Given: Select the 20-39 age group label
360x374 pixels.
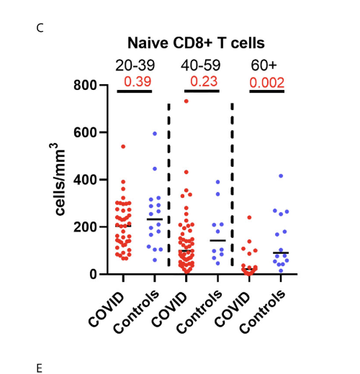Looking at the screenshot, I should pyautogui.click(x=135, y=65).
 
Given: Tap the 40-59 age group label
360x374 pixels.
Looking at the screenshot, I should pyautogui.click(x=201, y=65).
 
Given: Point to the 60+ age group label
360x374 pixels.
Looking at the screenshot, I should pyautogui.click(x=264, y=65).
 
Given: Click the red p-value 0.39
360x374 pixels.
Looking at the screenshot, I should pyautogui.click(x=135, y=81).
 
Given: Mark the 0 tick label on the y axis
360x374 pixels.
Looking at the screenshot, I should pyautogui.click(x=94, y=274).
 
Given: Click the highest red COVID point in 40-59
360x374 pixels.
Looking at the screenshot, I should pyautogui.click(x=186, y=101).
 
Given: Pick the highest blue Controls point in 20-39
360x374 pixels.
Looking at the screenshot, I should pyautogui.click(x=154, y=133).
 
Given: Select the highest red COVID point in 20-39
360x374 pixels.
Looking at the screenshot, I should pyautogui.click(x=123, y=147).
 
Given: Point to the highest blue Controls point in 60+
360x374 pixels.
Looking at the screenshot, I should pyautogui.click(x=281, y=175).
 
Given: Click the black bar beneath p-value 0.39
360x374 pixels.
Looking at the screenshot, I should pyautogui.click(x=135, y=91).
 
